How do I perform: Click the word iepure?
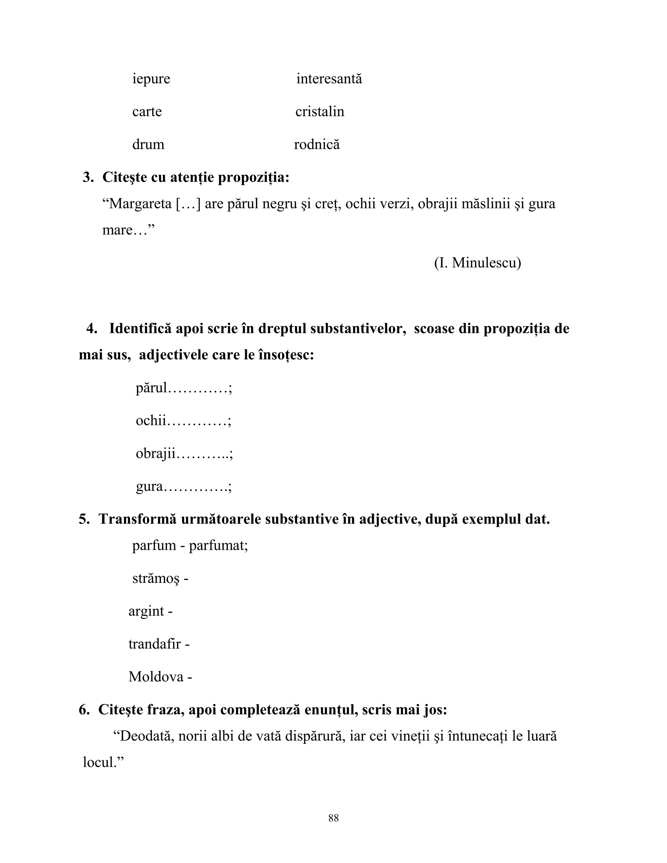point(151,79)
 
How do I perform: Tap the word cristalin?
point(320,111)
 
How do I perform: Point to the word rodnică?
point(317,144)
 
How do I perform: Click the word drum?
point(148,144)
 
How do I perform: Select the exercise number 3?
point(88,177)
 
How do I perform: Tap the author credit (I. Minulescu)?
point(477,262)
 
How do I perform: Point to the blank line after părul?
point(198,389)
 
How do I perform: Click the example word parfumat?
point(217,546)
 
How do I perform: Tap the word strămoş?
point(156,579)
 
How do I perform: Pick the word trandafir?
point(154,644)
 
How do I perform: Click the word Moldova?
point(156,677)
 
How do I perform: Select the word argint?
point(146,611)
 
